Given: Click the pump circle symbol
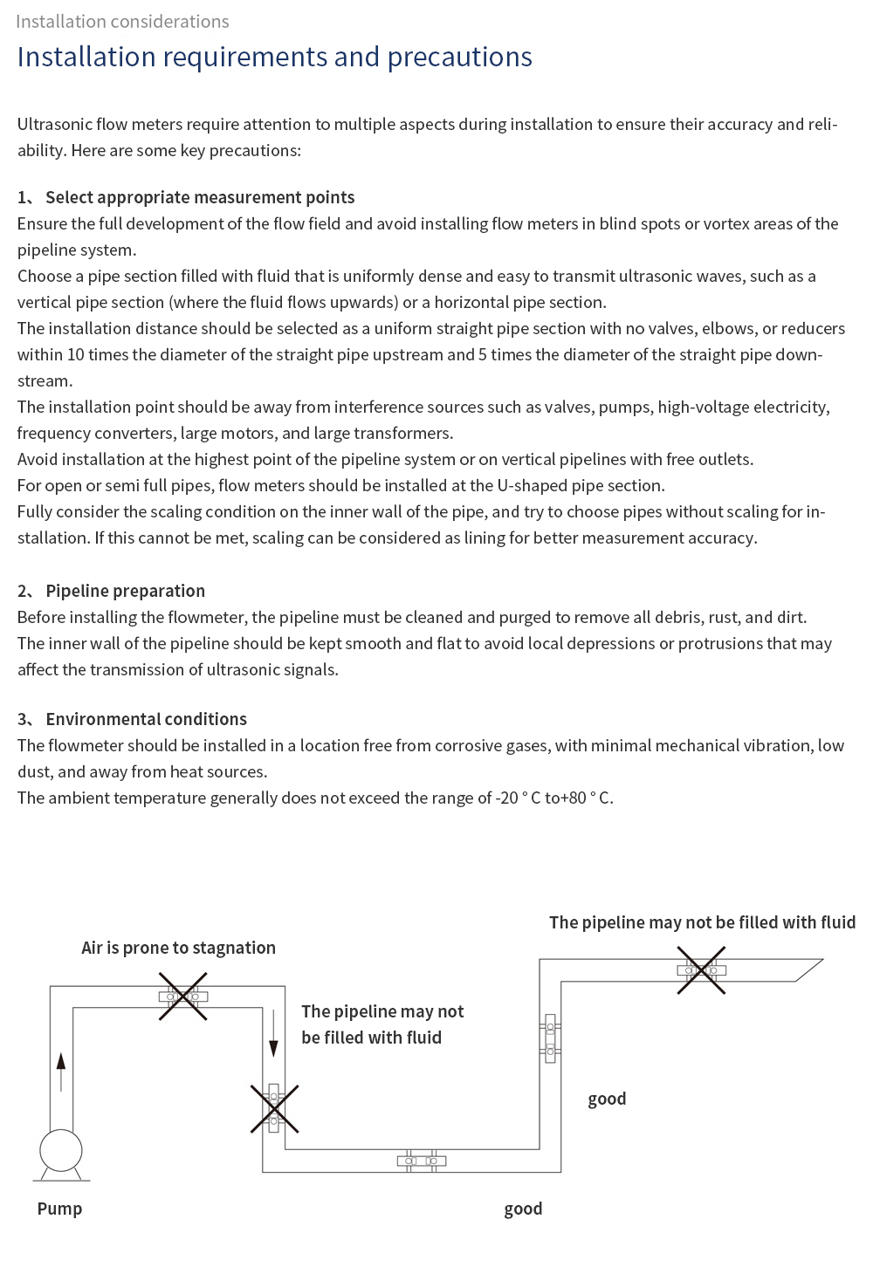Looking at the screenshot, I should coord(61,1150).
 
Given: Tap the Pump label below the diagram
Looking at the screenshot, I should coord(59,1209).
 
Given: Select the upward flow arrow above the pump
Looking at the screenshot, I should coord(61,1071).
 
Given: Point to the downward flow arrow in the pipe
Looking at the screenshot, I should coord(273,1036).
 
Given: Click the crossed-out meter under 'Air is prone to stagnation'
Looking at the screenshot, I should coord(182,997).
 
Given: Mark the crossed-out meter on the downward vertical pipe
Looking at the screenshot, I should coord(274,1108).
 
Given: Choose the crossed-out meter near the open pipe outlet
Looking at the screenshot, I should coord(701,970).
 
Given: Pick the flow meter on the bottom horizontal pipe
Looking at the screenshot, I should coord(422,1161).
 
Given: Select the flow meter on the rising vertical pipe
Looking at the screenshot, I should coord(550,1038).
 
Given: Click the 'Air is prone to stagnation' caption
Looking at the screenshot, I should coord(178,948).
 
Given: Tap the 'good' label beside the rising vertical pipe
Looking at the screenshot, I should coord(607,1099).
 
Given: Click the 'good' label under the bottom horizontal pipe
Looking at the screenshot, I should coord(523,1209).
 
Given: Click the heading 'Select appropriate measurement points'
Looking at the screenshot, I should coord(200,197).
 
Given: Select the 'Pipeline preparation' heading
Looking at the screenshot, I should coord(125,591).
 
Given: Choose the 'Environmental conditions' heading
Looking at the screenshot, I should coord(146,719).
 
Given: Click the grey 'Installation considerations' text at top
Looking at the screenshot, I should coord(122,21).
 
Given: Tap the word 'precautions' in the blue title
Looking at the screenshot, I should coord(459,57).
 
